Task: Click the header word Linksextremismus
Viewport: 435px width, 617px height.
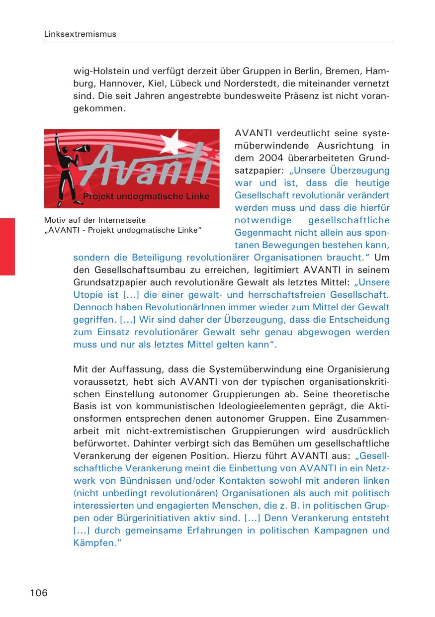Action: (80, 34)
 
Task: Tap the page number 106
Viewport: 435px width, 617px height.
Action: (38, 592)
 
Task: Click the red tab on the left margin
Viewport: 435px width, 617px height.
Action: (7, 246)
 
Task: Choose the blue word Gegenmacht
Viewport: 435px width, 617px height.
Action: (259, 233)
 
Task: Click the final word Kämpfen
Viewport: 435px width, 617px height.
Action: (94, 543)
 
